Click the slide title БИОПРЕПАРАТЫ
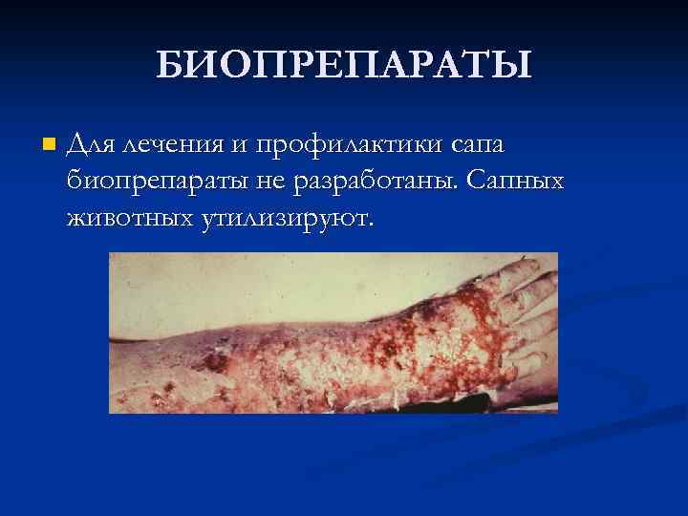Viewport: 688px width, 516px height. point(343,66)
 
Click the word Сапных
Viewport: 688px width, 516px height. point(520,183)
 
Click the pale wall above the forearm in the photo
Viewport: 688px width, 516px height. point(239,272)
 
